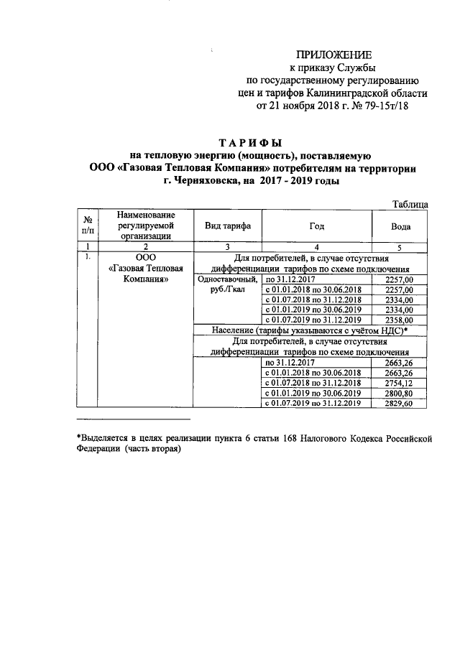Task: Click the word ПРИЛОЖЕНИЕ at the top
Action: pyautogui.click(x=336, y=55)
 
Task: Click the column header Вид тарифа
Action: pyautogui.click(x=228, y=226)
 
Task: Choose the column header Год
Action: pyautogui.click(x=316, y=226)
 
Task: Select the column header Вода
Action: pyautogui.click(x=400, y=226)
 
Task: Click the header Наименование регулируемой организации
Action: pyautogui.click(x=145, y=225)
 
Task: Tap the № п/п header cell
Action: pyautogui.click(x=87, y=225)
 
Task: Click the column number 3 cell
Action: pyautogui.click(x=228, y=245)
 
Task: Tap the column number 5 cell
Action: pyautogui.click(x=400, y=245)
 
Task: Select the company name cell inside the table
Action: pyautogui.click(x=145, y=269)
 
